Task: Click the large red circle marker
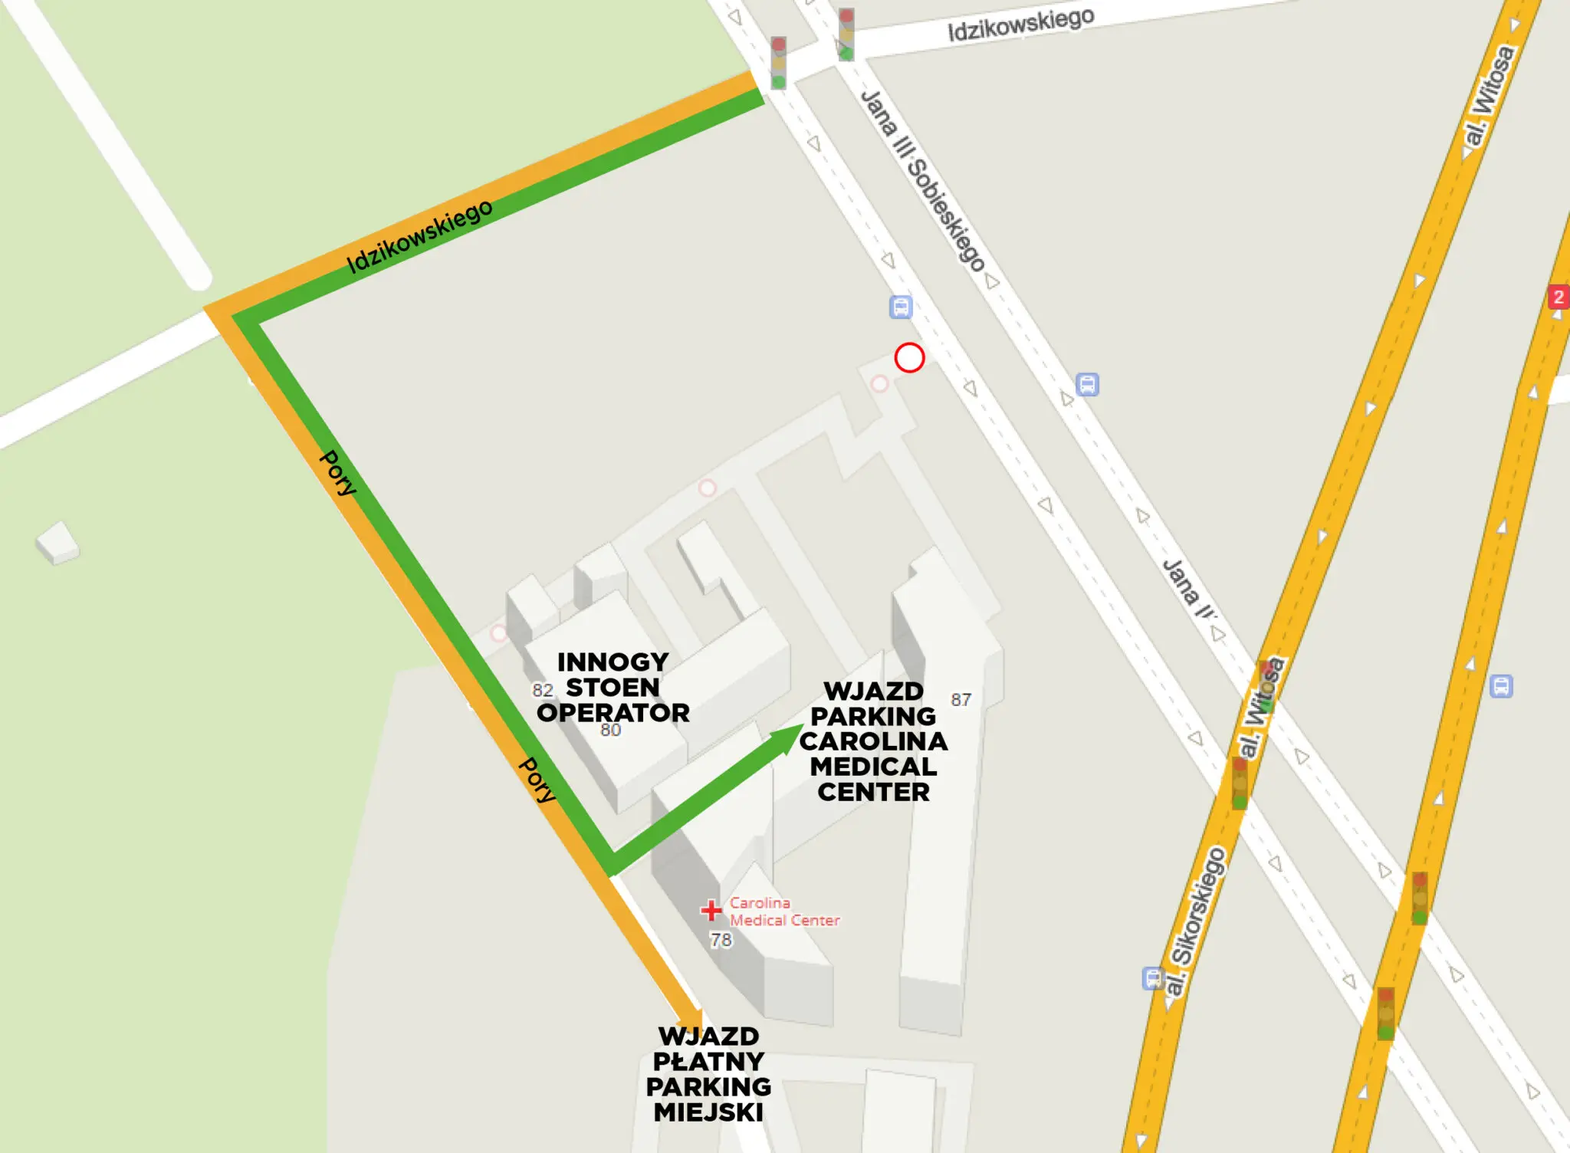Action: (909, 357)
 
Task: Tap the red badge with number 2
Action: (1558, 297)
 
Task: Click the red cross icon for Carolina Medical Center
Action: (711, 910)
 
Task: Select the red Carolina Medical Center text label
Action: (783, 912)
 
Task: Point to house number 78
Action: (721, 940)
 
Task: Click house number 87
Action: (961, 699)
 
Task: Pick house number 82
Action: (543, 690)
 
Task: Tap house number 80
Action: (610, 730)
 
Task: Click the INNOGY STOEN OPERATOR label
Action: (613, 687)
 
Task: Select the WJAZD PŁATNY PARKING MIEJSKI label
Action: (708, 1074)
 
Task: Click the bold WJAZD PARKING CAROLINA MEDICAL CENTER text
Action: (873, 741)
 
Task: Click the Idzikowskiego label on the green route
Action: (419, 236)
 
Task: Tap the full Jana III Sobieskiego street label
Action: (922, 181)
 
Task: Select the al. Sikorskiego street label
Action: (1197, 921)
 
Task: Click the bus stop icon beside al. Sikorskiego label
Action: (1152, 978)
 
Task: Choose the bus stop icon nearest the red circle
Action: (901, 307)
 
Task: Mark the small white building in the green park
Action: (58, 542)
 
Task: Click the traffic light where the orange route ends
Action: (778, 62)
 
